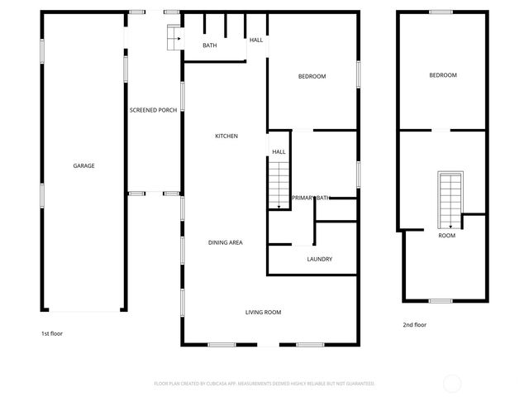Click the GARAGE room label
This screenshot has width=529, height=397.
(83, 165)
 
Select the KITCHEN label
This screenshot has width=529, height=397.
(226, 136)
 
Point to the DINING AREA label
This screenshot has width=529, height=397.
(225, 242)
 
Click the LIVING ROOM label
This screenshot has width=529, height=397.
(263, 312)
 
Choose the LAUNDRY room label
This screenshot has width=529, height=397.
(319, 259)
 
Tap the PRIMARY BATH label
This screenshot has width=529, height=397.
(311, 198)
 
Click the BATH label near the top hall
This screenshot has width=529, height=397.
(210, 45)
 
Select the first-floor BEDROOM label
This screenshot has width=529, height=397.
(312, 76)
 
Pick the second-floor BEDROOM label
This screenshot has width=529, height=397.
(442, 75)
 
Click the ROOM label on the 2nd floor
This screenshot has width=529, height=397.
(446, 236)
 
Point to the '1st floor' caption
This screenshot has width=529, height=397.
(52, 333)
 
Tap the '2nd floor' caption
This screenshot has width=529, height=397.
(414, 325)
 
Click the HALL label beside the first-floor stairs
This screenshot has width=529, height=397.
(279, 152)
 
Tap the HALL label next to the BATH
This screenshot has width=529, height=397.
(256, 40)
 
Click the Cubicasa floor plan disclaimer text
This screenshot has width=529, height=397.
(264, 384)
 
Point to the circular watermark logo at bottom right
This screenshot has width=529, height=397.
(452, 383)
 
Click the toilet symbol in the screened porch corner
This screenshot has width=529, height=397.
(174, 37)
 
